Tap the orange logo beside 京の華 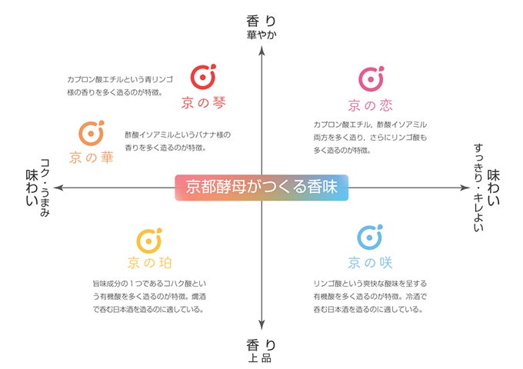[x=92, y=133]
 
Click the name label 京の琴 [x=203, y=101]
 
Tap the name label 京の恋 [x=370, y=105]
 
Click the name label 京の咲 [x=369, y=262]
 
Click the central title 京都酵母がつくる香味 [x=261, y=187]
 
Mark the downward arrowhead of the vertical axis [x=261, y=327]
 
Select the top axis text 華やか [x=261, y=35]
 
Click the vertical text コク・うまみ [x=45, y=187]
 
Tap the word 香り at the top [x=261, y=20]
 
